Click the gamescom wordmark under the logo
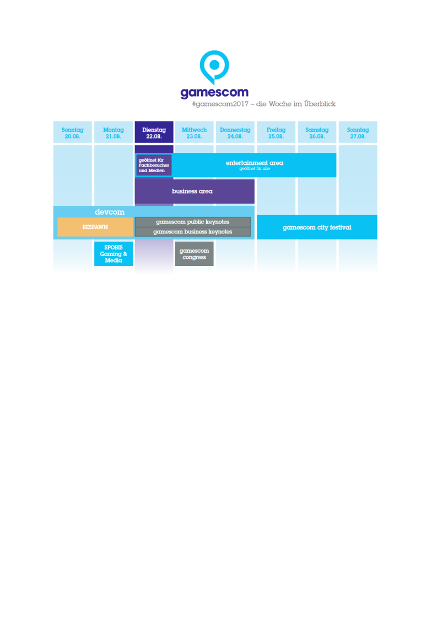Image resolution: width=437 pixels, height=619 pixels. (x=214, y=93)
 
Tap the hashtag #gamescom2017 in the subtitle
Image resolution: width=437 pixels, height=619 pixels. (x=220, y=104)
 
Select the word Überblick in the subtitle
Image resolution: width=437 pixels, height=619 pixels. (x=320, y=104)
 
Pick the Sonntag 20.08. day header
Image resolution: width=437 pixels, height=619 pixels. (x=73, y=132)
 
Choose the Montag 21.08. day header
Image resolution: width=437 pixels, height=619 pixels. (x=114, y=132)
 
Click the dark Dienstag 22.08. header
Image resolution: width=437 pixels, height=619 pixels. (x=154, y=132)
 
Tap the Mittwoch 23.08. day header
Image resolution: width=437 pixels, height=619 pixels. (x=195, y=132)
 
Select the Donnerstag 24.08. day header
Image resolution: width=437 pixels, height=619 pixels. (x=235, y=132)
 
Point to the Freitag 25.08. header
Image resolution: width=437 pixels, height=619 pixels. (x=276, y=132)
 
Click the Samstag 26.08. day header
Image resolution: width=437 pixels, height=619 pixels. (x=317, y=132)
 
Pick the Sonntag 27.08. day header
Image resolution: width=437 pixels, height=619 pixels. (x=358, y=132)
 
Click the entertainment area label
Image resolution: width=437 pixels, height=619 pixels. (x=255, y=163)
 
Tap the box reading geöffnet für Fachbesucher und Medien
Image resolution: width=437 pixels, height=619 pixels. (x=154, y=165)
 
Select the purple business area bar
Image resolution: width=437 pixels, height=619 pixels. (x=195, y=191)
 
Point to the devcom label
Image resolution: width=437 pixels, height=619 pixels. (x=110, y=212)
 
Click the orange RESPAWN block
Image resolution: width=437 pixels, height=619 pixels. (x=95, y=227)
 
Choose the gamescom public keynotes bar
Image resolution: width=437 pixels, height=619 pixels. (x=192, y=222)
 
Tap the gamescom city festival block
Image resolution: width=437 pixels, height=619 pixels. (x=317, y=227)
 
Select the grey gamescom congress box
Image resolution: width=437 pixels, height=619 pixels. (x=195, y=254)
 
